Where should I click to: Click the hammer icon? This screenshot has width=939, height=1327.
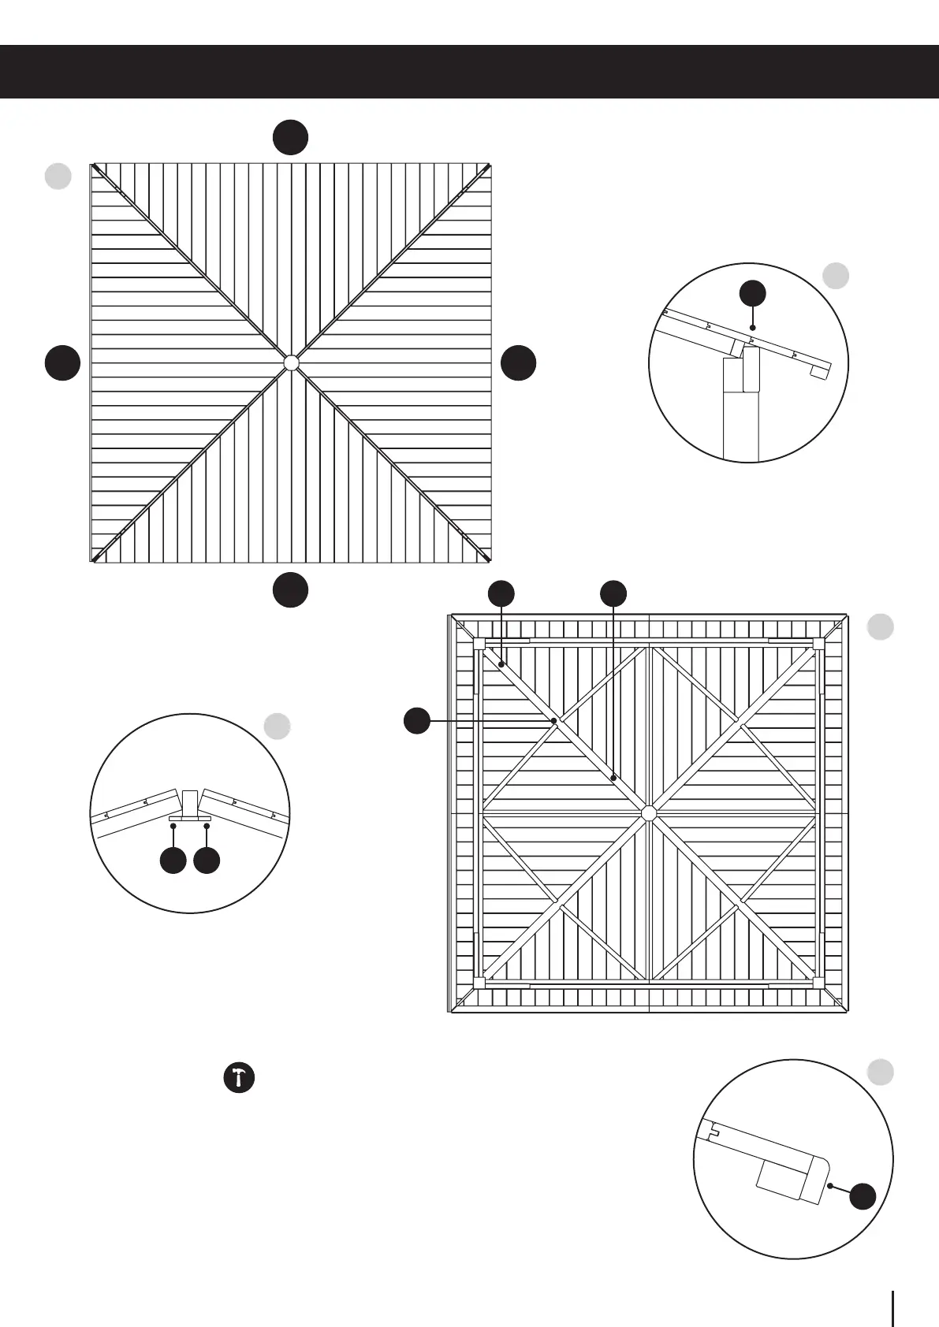click(x=239, y=1077)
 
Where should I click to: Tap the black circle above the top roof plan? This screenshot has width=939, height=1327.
click(x=290, y=137)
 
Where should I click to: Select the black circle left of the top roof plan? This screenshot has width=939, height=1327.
click(x=62, y=362)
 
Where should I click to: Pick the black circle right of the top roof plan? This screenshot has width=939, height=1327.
click(x=519, y=362)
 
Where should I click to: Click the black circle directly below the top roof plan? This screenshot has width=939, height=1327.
click(x=290, y=589)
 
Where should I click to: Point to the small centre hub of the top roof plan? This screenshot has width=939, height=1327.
click(x=291, y=362)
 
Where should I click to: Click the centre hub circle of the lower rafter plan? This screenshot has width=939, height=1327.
click(x=649, y=812)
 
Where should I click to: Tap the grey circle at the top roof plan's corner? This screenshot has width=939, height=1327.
click(x=58, y=176)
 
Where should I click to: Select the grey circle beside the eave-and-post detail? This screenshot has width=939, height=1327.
click(x=836, y=275)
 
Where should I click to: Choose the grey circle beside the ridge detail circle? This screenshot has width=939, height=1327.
click(x=277, y=726)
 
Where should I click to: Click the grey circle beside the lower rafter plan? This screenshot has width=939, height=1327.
click(x=880, y=627)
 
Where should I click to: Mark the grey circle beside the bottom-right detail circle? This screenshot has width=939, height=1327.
click(x=880, y=1072)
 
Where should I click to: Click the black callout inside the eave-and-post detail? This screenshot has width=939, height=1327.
click(x=753, y=293)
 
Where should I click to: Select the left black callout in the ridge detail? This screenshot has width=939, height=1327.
click(x=173, y=861)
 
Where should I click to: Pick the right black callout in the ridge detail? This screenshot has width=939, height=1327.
click(x=207, y=861)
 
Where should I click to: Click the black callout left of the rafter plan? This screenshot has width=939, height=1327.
click(x=417, y=720)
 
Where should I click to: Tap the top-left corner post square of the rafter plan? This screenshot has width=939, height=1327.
click(x=479, y=644)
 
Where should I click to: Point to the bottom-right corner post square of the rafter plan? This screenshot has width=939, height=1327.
click(x=818, y=983)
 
